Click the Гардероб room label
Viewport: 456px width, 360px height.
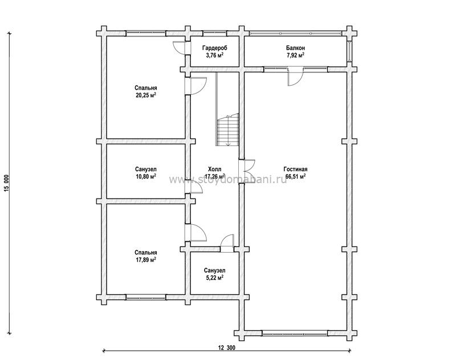[x=215, y=48]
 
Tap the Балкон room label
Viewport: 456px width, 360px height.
[x=295, y=48]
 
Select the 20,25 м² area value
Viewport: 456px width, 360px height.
[x=146, y=95]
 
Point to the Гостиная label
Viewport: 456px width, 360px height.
[x=295, y=169]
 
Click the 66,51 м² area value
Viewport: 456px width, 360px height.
[x=295, y=176]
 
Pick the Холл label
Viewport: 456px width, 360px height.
[x=215, y=169]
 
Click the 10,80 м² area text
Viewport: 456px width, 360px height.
[x=146, y=176]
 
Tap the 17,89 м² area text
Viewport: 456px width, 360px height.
[x=146, y=260]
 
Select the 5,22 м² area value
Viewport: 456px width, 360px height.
[x=215, y=278]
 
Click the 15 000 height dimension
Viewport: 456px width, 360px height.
[x=7, y=183]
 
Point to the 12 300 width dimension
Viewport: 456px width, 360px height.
[x=226, y=348]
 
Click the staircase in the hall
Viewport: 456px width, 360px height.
[x=227, y=130]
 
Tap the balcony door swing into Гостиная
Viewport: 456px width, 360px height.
[x=295, y=76]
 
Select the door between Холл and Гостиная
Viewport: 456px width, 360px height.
[x=247, y=169]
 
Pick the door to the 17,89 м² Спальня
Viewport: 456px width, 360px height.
[x=196, y=232]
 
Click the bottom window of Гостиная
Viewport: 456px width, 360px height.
[x=295, y=333]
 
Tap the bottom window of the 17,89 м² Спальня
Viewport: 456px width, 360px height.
[x=146, y=297]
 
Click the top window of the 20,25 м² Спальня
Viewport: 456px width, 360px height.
[x=146, y=33]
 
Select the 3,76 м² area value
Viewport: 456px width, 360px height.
[x=215, y=55]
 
